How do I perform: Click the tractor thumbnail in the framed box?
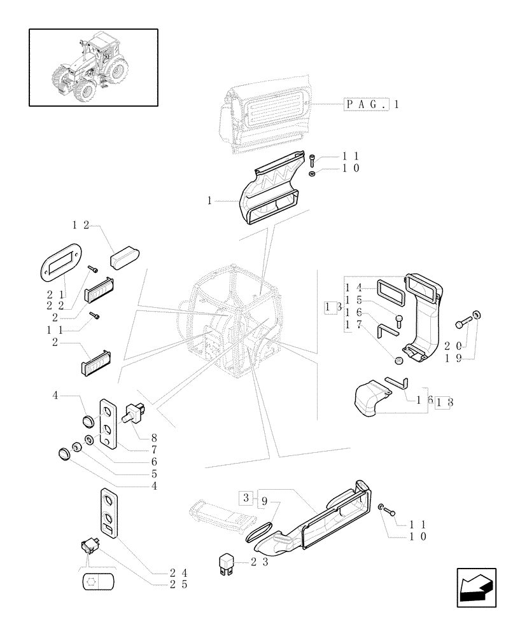point(93,67)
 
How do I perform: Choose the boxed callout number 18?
point(444,402)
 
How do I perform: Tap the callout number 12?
point(81,225)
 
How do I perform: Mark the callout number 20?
point(453,345)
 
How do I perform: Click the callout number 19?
point(453,359)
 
